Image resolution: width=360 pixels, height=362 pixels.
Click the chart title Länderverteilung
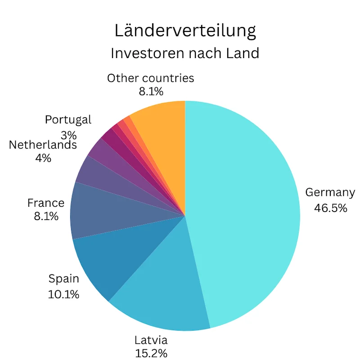(185, 31)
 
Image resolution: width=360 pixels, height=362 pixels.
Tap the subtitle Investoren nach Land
(185, 53)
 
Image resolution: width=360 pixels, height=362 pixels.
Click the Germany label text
(330, 193)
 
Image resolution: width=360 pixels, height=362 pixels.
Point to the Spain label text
(63, 279)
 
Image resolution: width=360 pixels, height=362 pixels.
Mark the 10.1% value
(63, 294)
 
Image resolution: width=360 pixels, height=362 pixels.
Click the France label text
(46, 203)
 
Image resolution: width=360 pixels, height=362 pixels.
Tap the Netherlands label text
(43, 145)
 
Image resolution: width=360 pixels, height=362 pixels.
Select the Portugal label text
(68, 120)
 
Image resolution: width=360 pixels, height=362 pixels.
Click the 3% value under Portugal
(68, 135)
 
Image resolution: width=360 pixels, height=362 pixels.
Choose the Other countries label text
(150, 78)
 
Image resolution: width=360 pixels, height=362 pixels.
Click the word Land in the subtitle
(243, 53)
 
